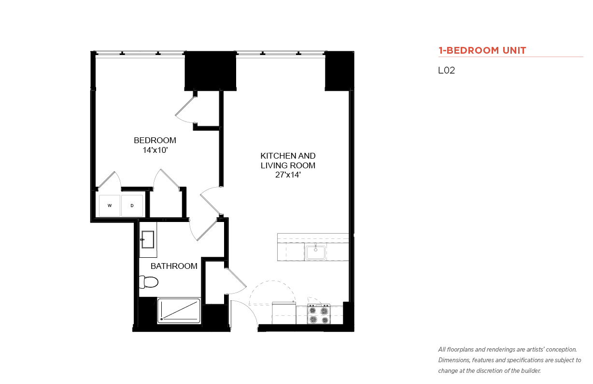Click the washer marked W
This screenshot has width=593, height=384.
(110, 206)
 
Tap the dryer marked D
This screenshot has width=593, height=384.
(132, 206)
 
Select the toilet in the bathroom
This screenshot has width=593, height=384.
(149, 282)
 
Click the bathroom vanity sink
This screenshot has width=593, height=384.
(148, 239)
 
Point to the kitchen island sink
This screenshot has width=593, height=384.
(315, 252)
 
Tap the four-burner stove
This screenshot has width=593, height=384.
(319, 314)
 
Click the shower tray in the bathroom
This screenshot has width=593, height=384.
(179, 311)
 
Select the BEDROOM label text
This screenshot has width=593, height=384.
(155, 140)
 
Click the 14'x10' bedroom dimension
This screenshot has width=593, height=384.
(155, 150)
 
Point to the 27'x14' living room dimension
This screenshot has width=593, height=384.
(288, 175)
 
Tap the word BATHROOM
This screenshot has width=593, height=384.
(174, 266)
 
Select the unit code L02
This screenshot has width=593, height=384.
(446, 70)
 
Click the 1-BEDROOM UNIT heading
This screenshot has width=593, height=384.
(482, 50)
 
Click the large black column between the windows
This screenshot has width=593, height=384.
(211, 71)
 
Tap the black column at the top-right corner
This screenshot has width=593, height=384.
(339, 71)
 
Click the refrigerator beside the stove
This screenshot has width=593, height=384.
(284, 313)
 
